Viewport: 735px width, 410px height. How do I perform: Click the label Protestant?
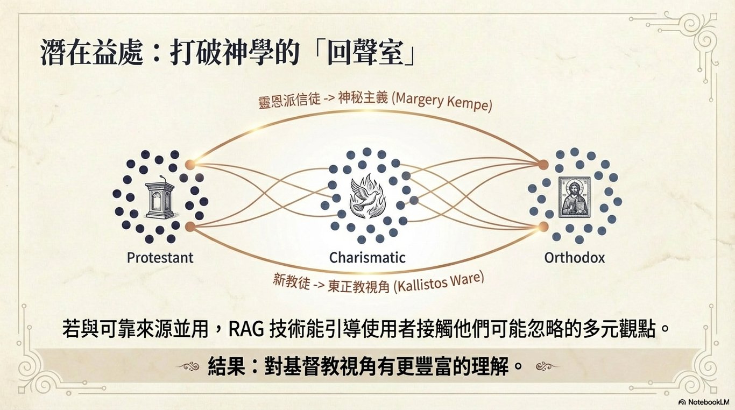click(x=160, y=258)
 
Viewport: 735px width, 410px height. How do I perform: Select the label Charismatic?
click(x=367, y=258)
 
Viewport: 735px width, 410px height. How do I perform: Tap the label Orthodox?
click(x=574, y=258)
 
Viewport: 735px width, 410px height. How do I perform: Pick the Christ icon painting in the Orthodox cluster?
click(x=574, y=197)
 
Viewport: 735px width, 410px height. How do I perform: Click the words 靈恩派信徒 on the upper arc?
click(x=289, y=102)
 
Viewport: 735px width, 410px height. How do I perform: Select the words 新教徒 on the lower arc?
click(x=291, y=281)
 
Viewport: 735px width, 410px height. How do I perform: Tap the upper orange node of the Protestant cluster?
click(x=190, y=164)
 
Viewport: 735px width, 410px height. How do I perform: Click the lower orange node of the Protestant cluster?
click(x=190, y=227)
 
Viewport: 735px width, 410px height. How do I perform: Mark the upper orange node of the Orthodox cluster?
click(x=543, y=164)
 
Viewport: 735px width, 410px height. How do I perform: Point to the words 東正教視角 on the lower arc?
click(x=359, y=285)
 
